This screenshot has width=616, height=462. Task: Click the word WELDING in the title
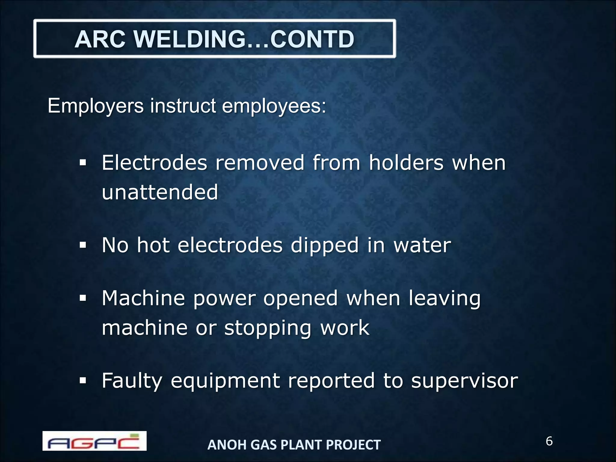(x=189, y=39)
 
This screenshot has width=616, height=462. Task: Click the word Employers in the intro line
(x=96, y=106)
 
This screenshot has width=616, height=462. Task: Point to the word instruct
(x=183, y=106)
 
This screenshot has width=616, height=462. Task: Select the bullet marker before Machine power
(x=83, y=299)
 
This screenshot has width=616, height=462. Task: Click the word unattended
(x=160, y=192)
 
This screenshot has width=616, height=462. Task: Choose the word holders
(x=406, y=163)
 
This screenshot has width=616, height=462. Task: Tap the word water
(x=422, y=245)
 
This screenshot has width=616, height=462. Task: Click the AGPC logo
(x=94, y=441)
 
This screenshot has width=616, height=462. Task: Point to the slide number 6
(x=549, y=441)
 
